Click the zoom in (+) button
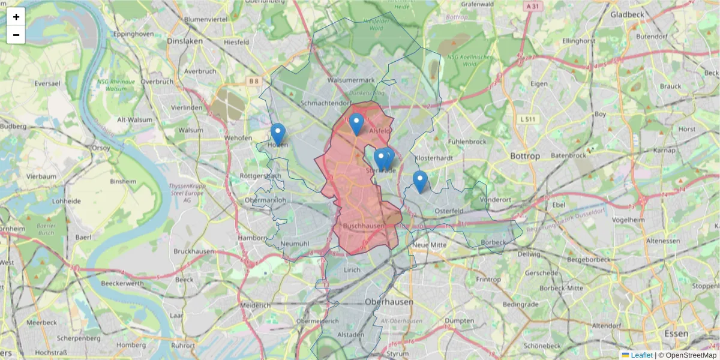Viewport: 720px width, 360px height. coord(16,17)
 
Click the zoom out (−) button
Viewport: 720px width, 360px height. coord(16,35)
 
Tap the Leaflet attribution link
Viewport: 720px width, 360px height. coord(641,355)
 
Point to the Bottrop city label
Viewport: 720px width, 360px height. coord(524,156)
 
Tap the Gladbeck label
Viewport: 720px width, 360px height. coord(626,14)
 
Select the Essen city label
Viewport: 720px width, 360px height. coord(676,333)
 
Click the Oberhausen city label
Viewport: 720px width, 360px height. coord(389,302)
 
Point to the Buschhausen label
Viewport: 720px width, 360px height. coord(363,226)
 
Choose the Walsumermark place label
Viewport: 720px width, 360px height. coord(351,80)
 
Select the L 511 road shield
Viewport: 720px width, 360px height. coord(527,119)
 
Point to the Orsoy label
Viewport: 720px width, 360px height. coord(100,147)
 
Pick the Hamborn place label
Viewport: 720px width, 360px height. coord(251,238)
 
